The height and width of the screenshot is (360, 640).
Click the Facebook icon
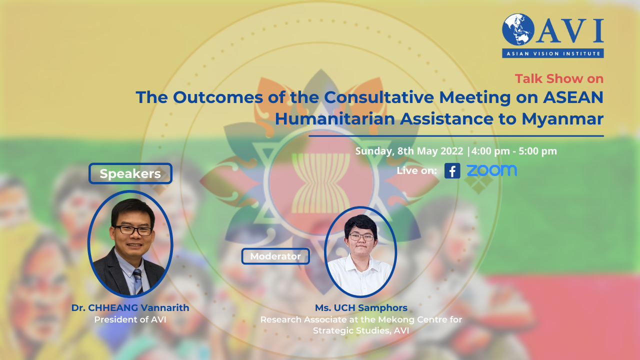(x=452, y=170)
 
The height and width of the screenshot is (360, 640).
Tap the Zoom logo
(x=491, y=170)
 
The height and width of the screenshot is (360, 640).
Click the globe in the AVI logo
(x=518, y=29)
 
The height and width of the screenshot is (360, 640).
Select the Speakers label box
(x=130, y=173)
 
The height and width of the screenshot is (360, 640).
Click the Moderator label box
(x=275, y=256)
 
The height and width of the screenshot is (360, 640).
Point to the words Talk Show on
(x=559, y=78)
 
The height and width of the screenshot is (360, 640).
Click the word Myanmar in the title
(x=562, y=119)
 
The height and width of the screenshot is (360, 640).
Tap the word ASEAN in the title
(x=573, y=97)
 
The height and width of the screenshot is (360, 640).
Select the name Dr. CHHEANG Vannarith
(x=130, y=307)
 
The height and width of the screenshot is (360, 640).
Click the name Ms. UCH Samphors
(x=361, y=307)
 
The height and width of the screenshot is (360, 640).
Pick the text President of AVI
(x=130, y=319)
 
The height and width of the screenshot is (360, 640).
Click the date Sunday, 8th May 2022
(x=409, y=151)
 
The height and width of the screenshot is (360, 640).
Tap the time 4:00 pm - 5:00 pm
(x=514, y=151)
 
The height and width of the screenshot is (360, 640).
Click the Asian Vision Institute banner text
(x=553, y=53)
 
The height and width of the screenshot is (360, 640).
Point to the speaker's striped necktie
(x=138, y=281)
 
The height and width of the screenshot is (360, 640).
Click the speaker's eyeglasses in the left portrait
(x=133, y=230)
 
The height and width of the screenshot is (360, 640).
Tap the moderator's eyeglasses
(x=361, y=237)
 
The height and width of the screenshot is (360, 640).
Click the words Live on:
(x=416, y=170)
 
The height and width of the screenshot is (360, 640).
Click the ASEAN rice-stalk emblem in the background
(x=321, y=183)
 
